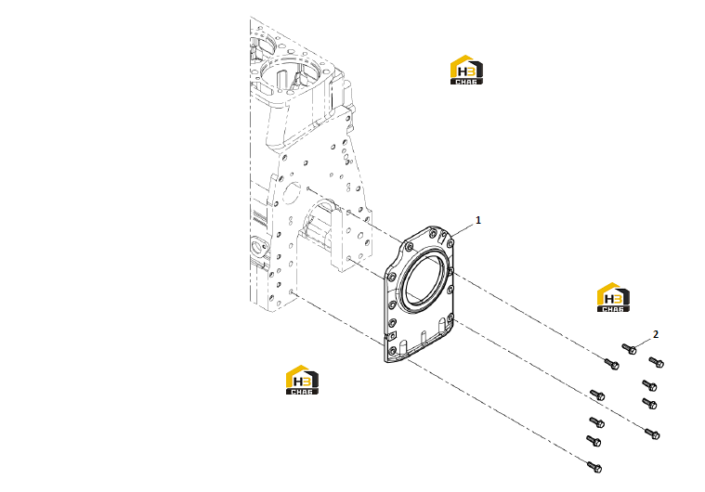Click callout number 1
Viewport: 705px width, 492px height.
coord(478,220)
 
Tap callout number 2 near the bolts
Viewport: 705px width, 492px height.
coord(656,334)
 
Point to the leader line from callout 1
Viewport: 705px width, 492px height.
coord(463,229)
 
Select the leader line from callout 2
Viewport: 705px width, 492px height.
coord(644,343)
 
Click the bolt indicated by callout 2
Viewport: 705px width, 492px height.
coord(629,349)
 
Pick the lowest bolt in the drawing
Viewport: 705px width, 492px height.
coord(594,467)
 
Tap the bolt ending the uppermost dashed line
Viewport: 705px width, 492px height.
coord(612,364)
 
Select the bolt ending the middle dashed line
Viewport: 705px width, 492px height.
coord(652,434)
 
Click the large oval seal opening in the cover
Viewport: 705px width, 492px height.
coord(424,281)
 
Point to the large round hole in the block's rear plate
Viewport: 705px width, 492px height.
coord(291,194)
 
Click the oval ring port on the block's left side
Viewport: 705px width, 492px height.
coord(258,247)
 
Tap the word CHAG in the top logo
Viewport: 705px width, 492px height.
coord(466,82)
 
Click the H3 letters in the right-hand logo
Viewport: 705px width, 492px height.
coord(613,299)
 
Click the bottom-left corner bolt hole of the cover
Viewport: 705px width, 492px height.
coord(392,351)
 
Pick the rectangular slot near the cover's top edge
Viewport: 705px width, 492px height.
coord(443,237)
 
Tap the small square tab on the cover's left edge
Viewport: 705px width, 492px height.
coord(392,335)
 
